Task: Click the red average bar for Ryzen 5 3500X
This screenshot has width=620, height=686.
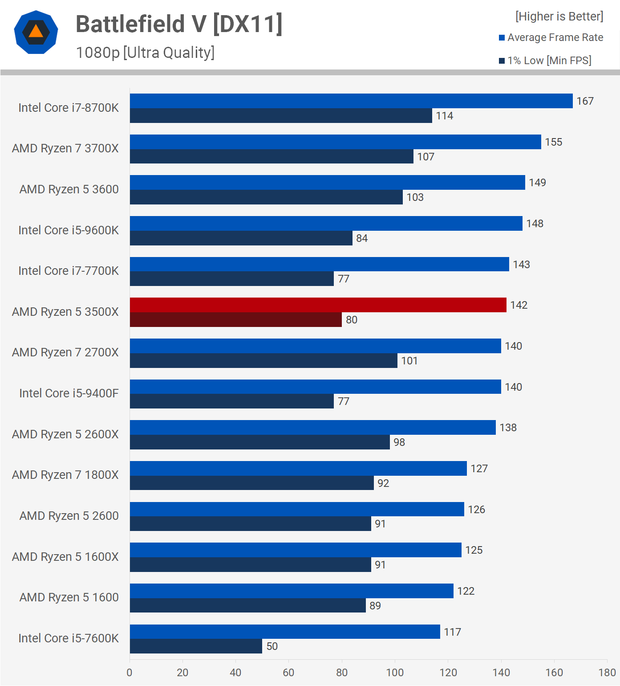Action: pyautogui.click(x=318, y=305)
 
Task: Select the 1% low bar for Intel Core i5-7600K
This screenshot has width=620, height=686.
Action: pyautogui.click(x=196, y=646)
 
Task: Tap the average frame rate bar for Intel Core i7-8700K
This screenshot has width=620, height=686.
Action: pyautogui.click(x=351, y=101)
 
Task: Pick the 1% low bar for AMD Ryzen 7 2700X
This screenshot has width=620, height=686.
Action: pyautogui.click(x=263, y=361)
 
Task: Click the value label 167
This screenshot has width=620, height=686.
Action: pyautogui.click(x=585, y=102)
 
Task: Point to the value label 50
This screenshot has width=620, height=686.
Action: pyautogui.click(x=272, y=646)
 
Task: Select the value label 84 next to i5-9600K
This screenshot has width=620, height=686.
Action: pyautogui.click(x=362, y=238)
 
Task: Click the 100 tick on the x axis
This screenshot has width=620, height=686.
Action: pyautogui.click(x=395, y=673)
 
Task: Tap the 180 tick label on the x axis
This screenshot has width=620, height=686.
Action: pyautogui.click(x=607, y=673)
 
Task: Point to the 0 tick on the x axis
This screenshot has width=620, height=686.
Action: pyautogui.click(x=130, y=673)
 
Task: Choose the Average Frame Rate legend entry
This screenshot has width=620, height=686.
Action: pyautogui.click(x=551, y=38)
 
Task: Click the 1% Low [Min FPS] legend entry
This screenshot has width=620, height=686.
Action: pyautogui.click(x=545, y=61)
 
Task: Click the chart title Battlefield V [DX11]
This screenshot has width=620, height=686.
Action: pyautogui.click(x=179, y=24)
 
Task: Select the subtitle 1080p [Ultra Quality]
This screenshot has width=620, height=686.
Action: pyautogui.click(x=145, y=53)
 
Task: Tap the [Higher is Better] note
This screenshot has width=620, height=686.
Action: pyautogui.click(x=559, y=16)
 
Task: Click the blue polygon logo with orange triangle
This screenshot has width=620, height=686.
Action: pyautogui.click(x=36, y=32)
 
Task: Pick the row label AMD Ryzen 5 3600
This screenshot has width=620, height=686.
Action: pyautogui.click(x=69, y=189)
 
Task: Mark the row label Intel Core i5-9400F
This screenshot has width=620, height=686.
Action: pyautogui.click(x=69, y=393)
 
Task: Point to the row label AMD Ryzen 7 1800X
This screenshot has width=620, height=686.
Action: pyautogui.click(x=65, y=475)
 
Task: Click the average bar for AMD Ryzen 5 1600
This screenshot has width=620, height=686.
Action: pyautogui.click(x=292, y=591)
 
